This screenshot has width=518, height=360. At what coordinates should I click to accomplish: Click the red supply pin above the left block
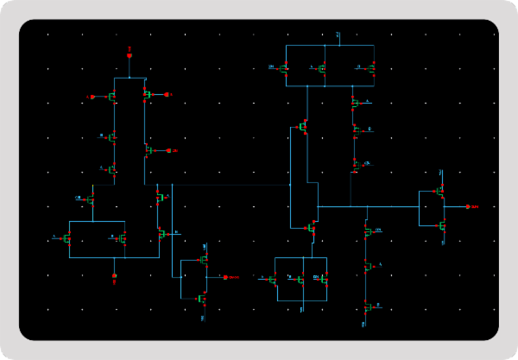[129, 55]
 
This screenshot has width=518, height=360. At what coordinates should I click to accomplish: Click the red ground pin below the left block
[114, 276]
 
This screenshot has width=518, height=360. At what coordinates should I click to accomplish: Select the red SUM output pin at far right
[467, 207]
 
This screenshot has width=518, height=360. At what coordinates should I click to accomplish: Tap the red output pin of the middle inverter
[224, 277]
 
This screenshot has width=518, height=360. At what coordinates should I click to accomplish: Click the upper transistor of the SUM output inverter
[439, 191]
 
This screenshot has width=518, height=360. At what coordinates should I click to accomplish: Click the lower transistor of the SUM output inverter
[440, 226]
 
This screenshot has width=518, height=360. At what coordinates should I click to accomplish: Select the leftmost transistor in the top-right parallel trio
[285, 67]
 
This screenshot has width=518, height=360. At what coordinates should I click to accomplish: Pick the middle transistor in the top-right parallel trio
[322, 68]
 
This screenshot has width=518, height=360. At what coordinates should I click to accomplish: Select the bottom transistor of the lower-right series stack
[367, 306]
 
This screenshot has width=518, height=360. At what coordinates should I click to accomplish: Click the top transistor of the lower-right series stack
[367, 232]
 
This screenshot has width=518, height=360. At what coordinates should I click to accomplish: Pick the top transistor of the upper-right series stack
[355, 103]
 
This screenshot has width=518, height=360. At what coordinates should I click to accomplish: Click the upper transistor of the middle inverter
[205, 259]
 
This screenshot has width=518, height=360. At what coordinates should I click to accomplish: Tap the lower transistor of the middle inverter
[203, 299]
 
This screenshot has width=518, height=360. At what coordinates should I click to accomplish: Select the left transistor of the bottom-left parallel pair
[68, 237]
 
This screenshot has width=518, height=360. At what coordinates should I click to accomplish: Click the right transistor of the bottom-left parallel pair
[123, 237]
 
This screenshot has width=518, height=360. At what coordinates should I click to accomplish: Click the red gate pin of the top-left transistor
[94, 97]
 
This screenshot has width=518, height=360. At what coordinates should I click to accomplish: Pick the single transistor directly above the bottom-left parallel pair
[92, 199]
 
